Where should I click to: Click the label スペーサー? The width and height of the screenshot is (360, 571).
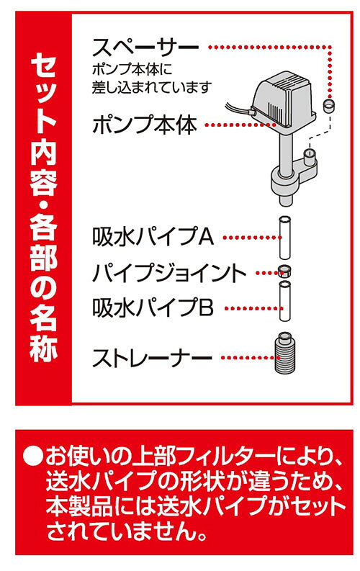tap(145, 48)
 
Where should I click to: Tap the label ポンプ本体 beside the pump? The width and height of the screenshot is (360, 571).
tap(145, 125)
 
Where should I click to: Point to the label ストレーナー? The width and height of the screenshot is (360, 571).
tap(152, 358)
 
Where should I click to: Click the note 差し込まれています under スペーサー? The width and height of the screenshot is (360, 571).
tap(152, 87)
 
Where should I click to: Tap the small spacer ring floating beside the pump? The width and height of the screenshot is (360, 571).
tap(328, 105)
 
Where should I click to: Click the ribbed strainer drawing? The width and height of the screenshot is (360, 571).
tap(284, 353)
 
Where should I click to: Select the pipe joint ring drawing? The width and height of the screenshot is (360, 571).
tap(284, 271)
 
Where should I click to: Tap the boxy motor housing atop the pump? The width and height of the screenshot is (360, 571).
tap(284, 99)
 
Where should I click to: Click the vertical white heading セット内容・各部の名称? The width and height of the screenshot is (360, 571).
tap(44, 207)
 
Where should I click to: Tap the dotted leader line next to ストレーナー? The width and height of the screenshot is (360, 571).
tap(247, 358)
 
